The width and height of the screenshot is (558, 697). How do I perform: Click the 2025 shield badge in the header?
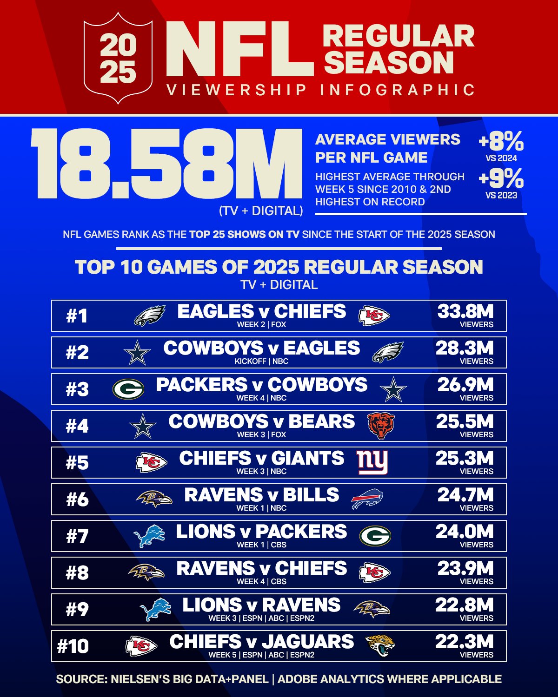point(118,59)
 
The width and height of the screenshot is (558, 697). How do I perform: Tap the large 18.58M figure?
point(166,164)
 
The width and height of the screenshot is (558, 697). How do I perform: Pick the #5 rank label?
point(77,463)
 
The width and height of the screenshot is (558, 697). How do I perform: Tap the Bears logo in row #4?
point(380,425)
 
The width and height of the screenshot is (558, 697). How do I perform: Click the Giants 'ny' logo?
point(372,462)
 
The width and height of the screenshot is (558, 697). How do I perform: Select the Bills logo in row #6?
point(367,499)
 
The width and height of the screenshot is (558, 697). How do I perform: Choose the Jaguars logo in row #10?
point(380,645)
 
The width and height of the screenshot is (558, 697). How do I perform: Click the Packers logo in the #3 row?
point(128,389)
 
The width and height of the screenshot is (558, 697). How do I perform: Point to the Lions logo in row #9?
point(155,610)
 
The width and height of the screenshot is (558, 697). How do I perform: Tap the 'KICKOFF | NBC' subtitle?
point(261,362)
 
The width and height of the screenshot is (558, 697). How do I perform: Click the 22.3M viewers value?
point(464,643)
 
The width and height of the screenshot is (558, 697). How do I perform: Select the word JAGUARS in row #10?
point(308,642)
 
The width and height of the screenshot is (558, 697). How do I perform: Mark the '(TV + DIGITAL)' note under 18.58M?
point(261,211)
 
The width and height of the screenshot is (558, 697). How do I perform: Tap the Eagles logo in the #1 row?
point(150,316)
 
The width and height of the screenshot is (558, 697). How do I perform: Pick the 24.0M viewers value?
point(464,533)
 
